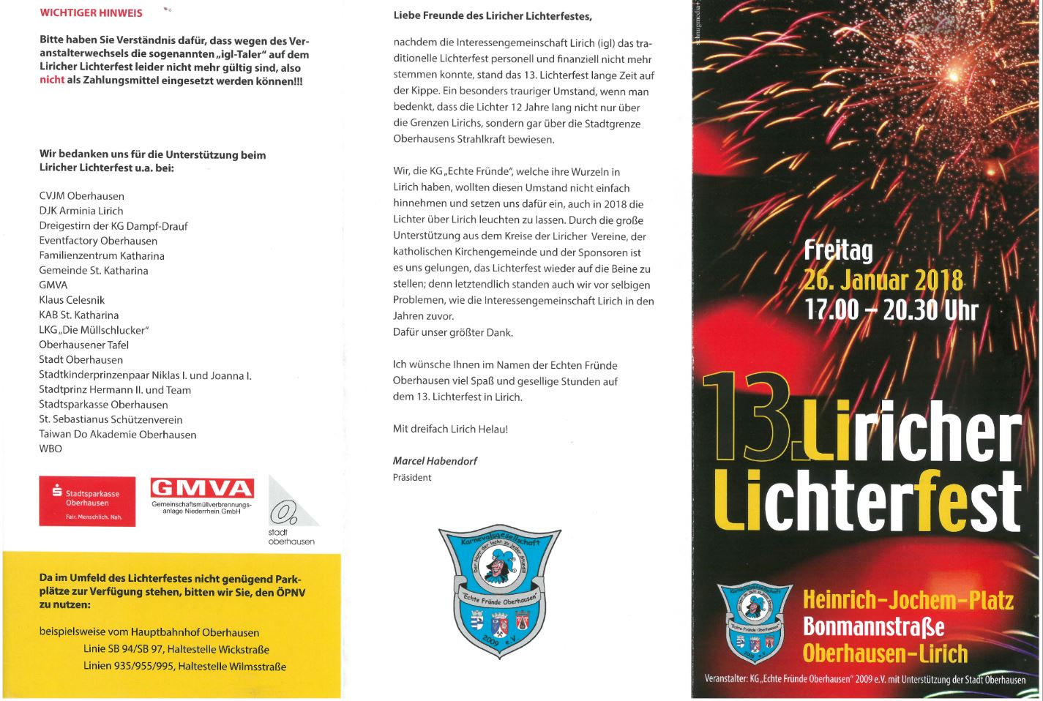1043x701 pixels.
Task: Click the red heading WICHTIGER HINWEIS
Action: coord(91,13)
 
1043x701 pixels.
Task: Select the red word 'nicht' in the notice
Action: coord(52,80)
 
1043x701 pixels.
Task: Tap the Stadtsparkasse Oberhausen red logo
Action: coord(87,501)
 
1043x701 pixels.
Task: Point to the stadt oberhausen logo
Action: coord(291,512)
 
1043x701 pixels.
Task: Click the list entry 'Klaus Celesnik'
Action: coord(72,300)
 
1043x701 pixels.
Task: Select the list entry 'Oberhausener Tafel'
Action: coord(83,345)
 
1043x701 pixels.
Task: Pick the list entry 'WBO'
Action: coord(51,449)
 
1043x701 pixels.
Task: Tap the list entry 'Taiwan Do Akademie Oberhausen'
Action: coord(117,434)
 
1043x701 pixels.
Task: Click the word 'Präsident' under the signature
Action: coord(412,478)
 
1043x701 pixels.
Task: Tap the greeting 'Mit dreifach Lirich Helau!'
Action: coord(450,429)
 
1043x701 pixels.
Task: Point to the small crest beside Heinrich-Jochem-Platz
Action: coord(754,623)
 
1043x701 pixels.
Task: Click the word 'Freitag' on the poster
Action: coord(838,250)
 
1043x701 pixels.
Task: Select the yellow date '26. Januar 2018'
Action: coord(883,280)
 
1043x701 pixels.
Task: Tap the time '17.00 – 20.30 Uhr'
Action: coord(891,310)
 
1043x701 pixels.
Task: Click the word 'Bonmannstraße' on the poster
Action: coord(873,627)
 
